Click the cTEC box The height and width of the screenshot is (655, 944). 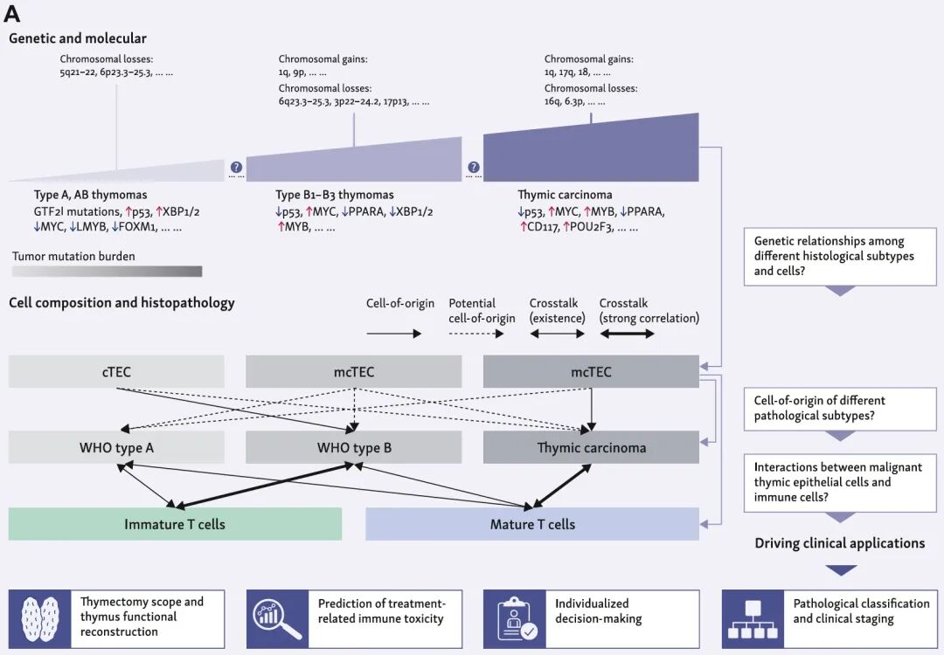point(116,372)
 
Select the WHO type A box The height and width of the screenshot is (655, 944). point(116,448)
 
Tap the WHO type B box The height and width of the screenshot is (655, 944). point(353,448)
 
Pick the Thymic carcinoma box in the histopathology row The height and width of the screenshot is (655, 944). point(591,448)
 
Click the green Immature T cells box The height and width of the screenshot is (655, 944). point(175,524)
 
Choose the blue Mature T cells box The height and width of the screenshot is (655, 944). point(532,524)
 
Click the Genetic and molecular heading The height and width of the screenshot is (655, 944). point(78,38)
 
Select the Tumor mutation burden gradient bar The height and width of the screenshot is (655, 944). point(107,272)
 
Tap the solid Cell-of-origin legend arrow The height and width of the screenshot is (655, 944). point(393,334)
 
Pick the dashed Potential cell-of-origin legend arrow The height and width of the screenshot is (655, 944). point(475,334)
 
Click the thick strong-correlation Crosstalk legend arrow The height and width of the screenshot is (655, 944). point(627,334)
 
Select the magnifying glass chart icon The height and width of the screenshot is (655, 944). point(276,618)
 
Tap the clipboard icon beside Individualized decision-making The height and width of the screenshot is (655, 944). point(514,618)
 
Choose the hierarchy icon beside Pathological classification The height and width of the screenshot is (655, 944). point(752,618)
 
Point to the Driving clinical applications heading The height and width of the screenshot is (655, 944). point(839,543)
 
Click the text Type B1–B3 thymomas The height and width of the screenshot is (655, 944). point(335,195)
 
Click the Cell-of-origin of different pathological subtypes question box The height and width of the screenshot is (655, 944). point(840,408)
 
